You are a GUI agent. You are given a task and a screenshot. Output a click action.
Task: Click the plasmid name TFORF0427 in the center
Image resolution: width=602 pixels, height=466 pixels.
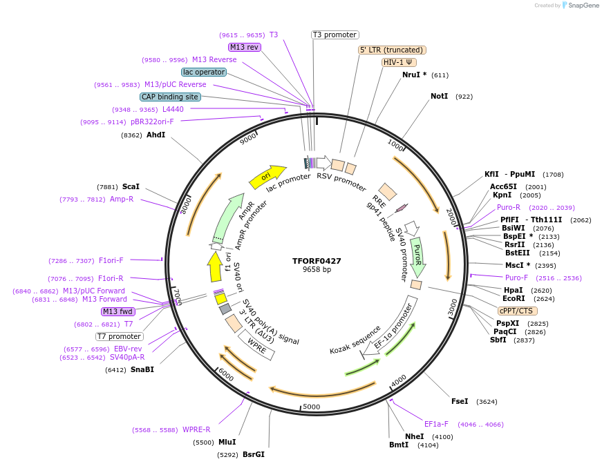(317, 261)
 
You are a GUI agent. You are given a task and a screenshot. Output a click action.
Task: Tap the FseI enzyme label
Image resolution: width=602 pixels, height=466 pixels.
(460, 401)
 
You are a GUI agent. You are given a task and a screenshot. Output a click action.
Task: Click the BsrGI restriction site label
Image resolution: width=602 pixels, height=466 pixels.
(253, 454)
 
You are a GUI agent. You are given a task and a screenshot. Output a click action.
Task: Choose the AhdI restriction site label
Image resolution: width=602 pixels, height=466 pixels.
(156, 135)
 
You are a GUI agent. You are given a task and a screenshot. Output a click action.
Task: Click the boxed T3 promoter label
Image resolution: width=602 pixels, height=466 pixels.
(335, 35)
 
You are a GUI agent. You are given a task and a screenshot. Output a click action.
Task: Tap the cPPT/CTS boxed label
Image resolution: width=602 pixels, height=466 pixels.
(516, 311)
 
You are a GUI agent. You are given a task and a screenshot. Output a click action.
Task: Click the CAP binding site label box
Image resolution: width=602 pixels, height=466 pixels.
(170, 97)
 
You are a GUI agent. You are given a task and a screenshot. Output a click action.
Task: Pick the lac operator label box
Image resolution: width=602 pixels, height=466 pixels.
(204, 72)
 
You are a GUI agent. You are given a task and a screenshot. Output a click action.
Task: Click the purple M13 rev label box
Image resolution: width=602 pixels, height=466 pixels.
(244, 47)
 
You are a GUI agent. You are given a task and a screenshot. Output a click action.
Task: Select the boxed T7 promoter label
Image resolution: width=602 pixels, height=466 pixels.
(119, 336)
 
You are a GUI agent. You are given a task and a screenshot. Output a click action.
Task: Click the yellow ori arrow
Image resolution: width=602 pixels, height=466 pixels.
(267, 177)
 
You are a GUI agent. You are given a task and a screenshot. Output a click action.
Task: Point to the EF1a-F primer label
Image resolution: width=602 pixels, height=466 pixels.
(436, 424)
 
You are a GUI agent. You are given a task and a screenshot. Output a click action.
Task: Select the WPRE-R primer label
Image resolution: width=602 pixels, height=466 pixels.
(196, 429)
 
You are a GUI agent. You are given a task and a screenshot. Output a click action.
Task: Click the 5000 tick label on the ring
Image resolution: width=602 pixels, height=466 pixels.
(312, 407)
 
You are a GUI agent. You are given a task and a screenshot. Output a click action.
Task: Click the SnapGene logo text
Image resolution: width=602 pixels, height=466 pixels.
(582, 6)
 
